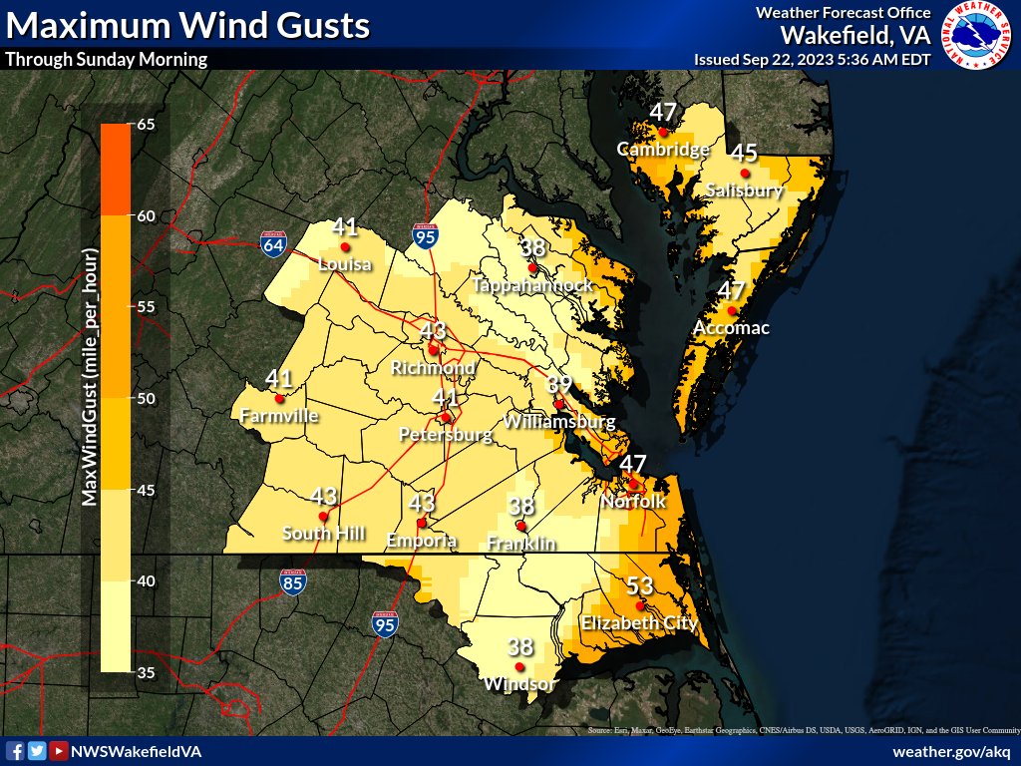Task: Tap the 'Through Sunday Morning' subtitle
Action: click(x=106, y=59)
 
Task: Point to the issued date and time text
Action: click(x=812, y=60)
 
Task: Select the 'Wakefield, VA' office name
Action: click(x=854, y=35)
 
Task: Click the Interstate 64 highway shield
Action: click(x=271, y=244)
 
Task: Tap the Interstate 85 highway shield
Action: click(x=292, y=583)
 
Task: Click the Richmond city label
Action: click(x=433, y=368)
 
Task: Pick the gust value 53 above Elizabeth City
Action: click(x=638, y=585)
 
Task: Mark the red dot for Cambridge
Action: click(x=663, y=131)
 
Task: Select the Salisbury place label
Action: click(x=744, y=190)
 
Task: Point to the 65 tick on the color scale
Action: click(x=145, y=125)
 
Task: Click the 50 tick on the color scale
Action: click(x=145, y=399)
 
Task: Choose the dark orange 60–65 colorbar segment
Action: click(x=115, y=170)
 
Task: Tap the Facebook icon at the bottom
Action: click(x=15, y=751)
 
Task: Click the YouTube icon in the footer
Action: click(x=59, y=751)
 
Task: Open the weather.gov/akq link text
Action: click(x=951, y=751)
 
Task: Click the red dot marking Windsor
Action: click(x=519, y=666)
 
